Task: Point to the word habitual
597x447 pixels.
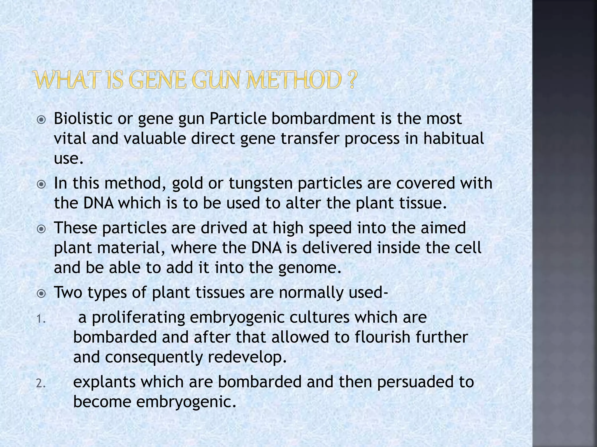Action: click(454, 138)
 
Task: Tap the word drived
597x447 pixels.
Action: click(224, 228)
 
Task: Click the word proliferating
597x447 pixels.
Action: click(138, 317)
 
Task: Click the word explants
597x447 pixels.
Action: click(104, 382)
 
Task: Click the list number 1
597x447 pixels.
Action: click(41, 320)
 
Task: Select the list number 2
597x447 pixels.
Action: click(41, 384)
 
